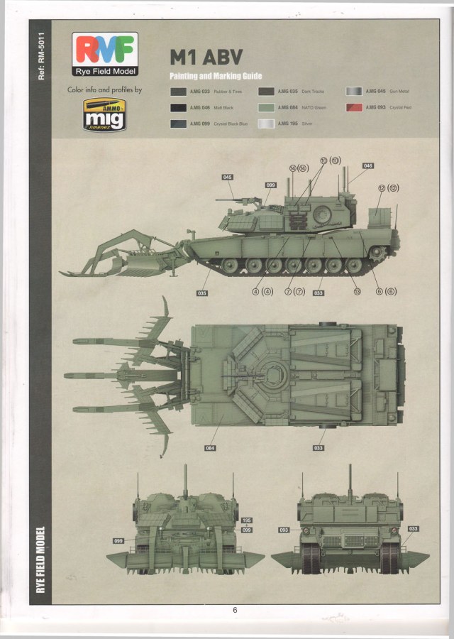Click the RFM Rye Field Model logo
click(104, 53)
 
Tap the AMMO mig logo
click(104, 114)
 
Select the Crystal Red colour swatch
click(353, 107)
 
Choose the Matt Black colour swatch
click(178, 107)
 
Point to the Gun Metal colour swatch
click(353, 92)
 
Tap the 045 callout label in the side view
click(228, 177)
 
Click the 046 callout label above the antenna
click(367, 165)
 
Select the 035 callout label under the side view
click(203, 293)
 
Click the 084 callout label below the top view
click(210, 448)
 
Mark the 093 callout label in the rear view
click(284, 530)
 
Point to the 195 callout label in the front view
click(246, 520)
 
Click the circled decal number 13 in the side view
click(357, 291)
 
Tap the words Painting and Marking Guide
click(216, 76)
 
